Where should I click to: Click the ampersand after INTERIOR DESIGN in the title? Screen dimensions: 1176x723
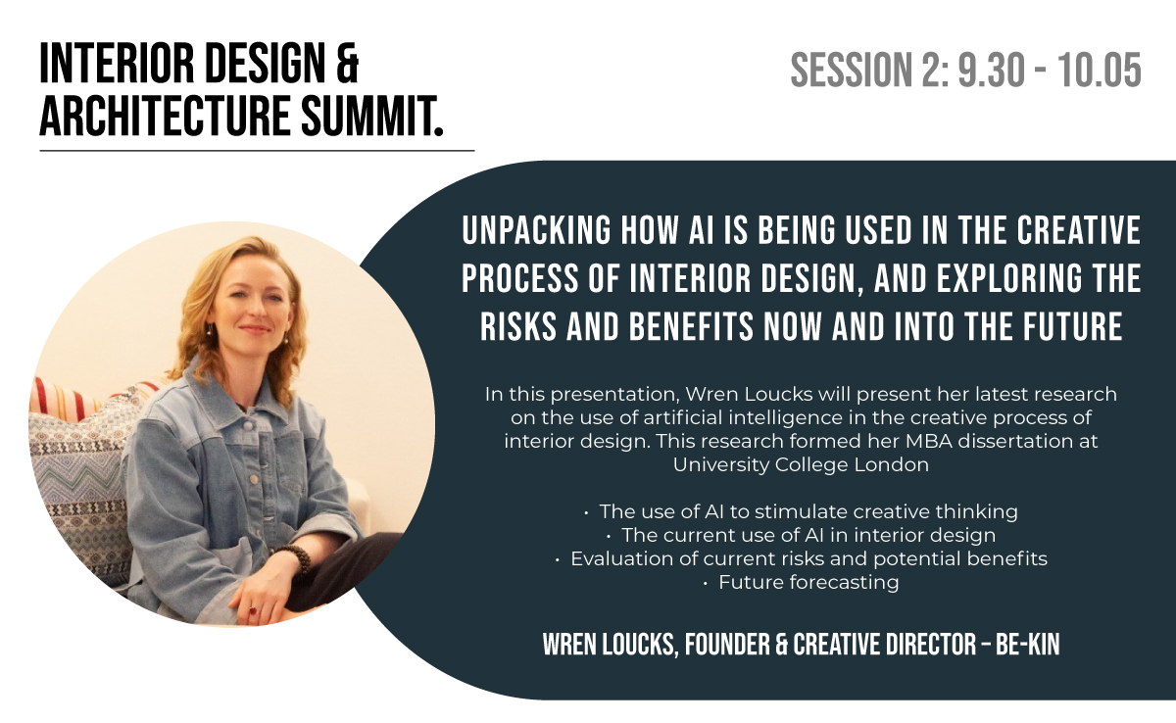click(x=346, y=64)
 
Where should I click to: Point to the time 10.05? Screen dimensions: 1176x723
click(x=1099, y=70)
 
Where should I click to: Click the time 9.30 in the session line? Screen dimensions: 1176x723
click(x=992, y=70)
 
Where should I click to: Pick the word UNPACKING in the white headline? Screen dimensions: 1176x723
click(x=537, y=230)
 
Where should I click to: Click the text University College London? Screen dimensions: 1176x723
click(x=802, y=465)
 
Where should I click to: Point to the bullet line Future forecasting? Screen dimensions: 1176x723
click(x=802, y=582)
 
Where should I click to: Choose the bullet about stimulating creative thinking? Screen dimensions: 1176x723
click(x=802, y=511)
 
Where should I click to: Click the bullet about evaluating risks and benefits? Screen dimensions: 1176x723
click(x=802, y=558)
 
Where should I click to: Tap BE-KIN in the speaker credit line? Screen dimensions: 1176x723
click(x=1027, y=645)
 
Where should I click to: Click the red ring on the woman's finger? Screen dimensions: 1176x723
click(x=253, y=610)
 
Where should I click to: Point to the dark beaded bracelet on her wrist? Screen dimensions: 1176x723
click(x=295, y=557)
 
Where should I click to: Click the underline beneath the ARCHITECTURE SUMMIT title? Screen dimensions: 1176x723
click(x=257, y=151)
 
